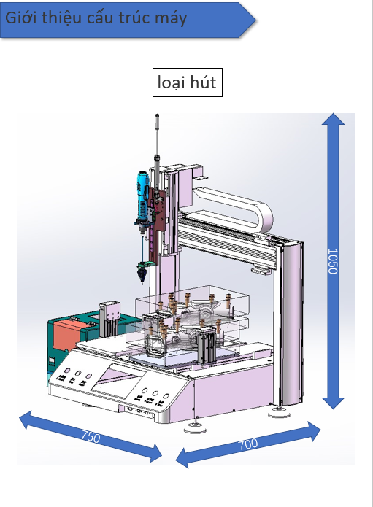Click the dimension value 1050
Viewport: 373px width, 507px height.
[333, 261]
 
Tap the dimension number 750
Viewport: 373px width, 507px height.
[91, 436]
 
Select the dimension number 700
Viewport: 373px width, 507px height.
[248, 444]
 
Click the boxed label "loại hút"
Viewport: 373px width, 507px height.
[188, 82]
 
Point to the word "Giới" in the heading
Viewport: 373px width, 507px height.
[21, 17]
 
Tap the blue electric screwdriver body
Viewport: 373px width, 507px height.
[142, 197]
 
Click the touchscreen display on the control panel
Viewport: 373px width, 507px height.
[118, 380]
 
